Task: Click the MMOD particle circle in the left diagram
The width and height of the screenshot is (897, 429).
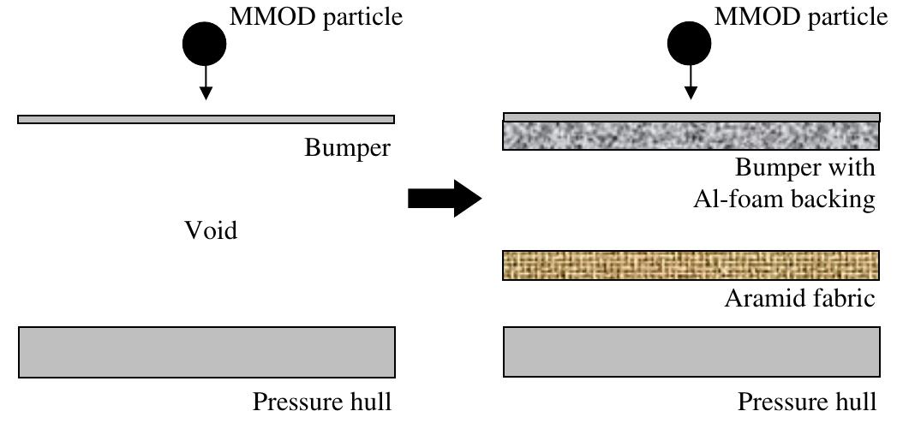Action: (204, 44)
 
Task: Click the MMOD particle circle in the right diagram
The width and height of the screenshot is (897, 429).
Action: (691, 44)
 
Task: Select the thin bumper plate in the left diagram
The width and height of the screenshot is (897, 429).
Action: (206, 119)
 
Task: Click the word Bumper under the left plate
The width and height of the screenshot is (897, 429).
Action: (347, 148)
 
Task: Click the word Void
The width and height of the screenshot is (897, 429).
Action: (212, 230)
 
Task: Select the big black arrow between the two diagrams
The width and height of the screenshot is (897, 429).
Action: (440, 200)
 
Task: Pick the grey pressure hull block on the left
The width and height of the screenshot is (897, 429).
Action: (206, 352)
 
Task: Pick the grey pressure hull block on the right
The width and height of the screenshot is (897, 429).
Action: (691, 352)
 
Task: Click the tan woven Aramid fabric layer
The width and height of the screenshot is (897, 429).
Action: (691, 265)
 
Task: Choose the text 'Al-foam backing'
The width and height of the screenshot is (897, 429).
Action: (784, 200)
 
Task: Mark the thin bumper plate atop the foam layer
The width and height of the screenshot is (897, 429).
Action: (691, 117)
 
